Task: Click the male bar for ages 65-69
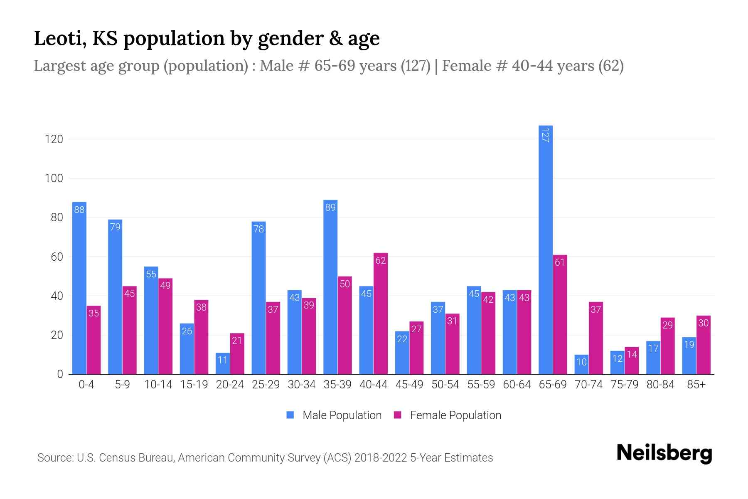click(545, 249)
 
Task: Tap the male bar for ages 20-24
click(222, 363)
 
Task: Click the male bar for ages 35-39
click(330, 287)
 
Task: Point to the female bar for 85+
click(703, 345)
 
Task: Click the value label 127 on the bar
click(545, 135)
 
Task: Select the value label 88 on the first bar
click(79, 210)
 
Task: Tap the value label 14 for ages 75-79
click(632, 354)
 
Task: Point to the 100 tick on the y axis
click(54, 178)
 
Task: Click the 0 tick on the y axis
click(60, 374)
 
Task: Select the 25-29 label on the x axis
click(266, 385)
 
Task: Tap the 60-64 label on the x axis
click(517, 385)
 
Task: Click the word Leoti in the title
click(60, 38)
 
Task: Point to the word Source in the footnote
click(55, 458)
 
